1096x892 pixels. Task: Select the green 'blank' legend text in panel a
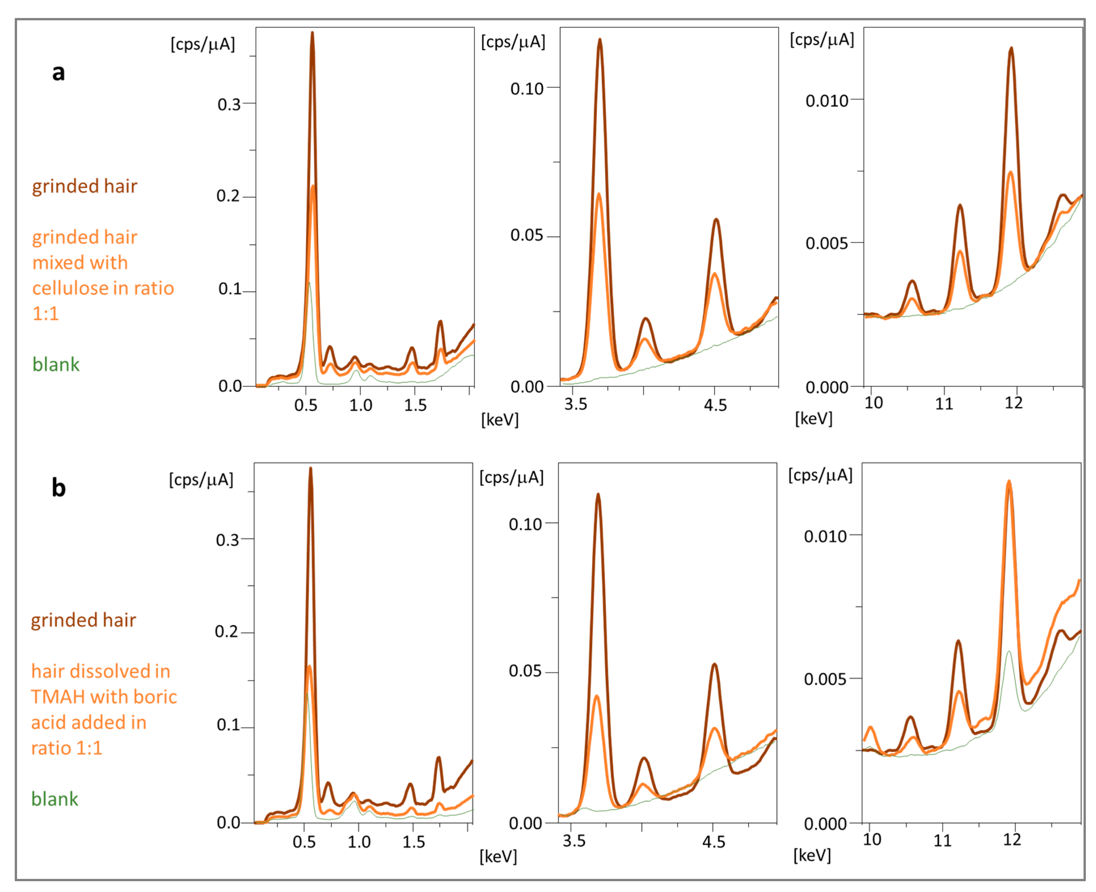tap(55, 364)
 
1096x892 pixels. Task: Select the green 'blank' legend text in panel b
tap(54, 799)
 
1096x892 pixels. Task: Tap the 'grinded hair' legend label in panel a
tap(84, 186)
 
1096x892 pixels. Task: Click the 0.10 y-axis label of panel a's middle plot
tap(526, 89)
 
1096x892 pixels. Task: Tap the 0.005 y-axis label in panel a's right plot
tap(826, 243)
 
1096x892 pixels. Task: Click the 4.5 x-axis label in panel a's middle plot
tap(715, 406)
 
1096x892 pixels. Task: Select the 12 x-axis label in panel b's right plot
tap(1012, 840)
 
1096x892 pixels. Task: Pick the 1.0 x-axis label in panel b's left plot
tap(358, 842)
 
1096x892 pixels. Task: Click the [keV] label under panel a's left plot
tap(499, 420)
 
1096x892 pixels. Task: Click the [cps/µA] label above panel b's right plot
tap(820, 475)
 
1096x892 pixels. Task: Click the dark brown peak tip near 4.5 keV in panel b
tap(714, 665)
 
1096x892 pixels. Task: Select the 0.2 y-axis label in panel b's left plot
tap(227, 632)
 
